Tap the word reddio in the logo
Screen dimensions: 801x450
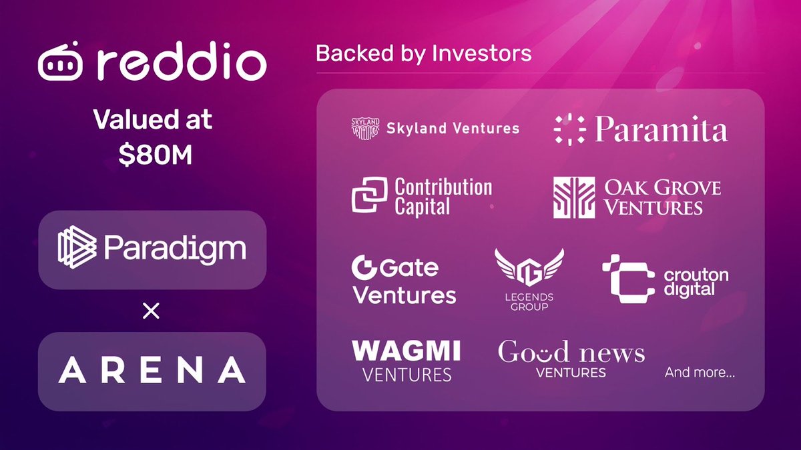click(182, 61)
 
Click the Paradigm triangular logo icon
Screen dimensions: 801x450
click(77, 247)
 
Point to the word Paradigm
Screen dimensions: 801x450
click(175, 248)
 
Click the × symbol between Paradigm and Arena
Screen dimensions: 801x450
click(151, 311)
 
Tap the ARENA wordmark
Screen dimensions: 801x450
click(152, 369)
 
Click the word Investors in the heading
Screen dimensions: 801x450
click(482, 53)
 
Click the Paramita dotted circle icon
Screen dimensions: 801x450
click(570, 129)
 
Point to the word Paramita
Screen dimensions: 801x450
click(661, 129)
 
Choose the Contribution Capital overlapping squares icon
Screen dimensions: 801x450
click(369, 195)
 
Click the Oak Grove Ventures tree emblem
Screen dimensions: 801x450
click(574, 197)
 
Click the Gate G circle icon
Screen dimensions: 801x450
click(363, 267)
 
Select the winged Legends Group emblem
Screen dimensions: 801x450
click(529, 268)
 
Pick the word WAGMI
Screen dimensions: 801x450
click(407, 351)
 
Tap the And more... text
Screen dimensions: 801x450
click(700, 373)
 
